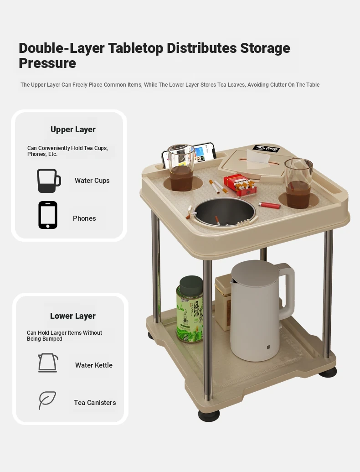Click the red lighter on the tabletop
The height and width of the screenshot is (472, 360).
coord(269,205)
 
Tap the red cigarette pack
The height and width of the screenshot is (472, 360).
coord(240,184)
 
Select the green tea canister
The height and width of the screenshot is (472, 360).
coord(190,310)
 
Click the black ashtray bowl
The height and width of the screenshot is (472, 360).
coord(224,212)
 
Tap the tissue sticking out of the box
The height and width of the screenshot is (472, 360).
coord(257,156)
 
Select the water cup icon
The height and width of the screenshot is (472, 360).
coord(49,181)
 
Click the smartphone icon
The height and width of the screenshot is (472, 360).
coord(48,215)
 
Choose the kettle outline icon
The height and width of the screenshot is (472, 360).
coord(48,363)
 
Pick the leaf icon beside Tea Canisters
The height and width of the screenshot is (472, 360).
coord(47,400)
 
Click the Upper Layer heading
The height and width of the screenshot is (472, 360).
coord(73,130)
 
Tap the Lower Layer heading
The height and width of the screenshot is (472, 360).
coord(73,316)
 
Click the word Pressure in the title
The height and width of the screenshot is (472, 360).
coord(47,63)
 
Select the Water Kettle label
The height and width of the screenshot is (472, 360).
coord(94,365)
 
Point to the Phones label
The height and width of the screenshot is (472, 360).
coord(84,218)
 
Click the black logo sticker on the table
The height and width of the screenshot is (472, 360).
coord(266,148)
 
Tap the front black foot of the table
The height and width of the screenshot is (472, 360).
coord(209,415)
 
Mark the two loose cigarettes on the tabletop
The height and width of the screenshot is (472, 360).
coord(218,187)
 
